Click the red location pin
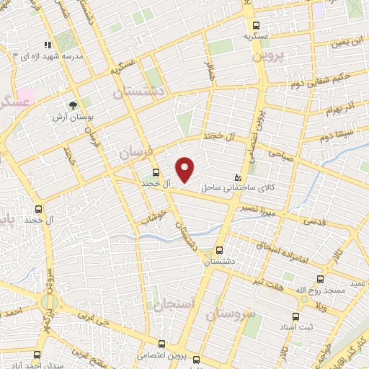[x=185, y=169]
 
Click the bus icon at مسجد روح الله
[x=320, y=278]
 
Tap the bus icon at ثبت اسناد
[x=295, y=316]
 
